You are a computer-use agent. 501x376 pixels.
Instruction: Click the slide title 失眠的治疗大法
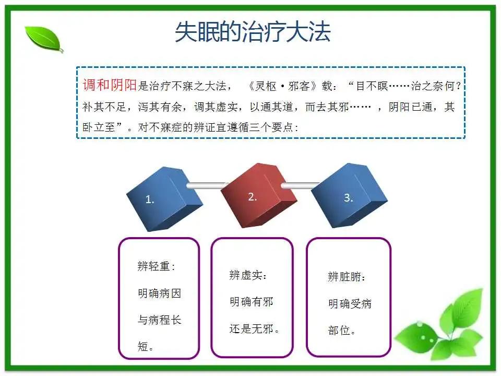tap(253, 32)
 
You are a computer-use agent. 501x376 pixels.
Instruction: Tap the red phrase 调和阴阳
tap(110, 86)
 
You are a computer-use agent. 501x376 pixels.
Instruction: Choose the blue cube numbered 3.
tap(350, 192)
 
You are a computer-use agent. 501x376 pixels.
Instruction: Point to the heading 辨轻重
tap(155, 266)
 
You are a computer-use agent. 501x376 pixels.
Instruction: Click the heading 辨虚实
tap(246, 275)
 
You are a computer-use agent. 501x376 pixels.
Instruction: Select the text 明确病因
tap(159, 293)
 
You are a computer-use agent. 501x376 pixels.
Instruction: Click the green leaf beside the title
tap(44, 38)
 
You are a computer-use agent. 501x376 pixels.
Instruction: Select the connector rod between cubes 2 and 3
tap(302, 185)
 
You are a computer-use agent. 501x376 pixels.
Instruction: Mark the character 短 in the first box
tap(143, 346)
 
